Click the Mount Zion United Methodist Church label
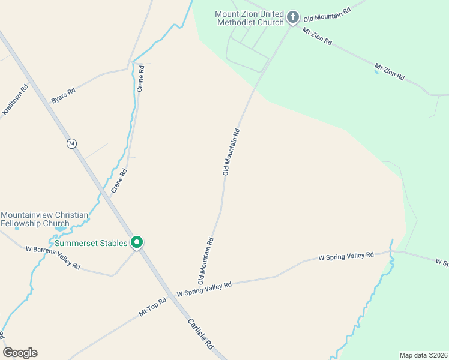249,18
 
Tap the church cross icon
292,17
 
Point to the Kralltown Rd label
16,100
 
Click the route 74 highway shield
72,143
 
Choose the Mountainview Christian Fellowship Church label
44,219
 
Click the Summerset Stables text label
91,243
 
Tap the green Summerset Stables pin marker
137,242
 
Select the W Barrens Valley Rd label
53,257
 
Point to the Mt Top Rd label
152,307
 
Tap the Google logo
20,353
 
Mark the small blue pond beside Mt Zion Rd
376,72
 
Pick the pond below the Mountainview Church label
60,229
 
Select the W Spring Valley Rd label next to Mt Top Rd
204,290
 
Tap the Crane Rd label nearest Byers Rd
141,77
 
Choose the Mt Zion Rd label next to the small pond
390,71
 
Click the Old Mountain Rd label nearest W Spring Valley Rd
206,260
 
